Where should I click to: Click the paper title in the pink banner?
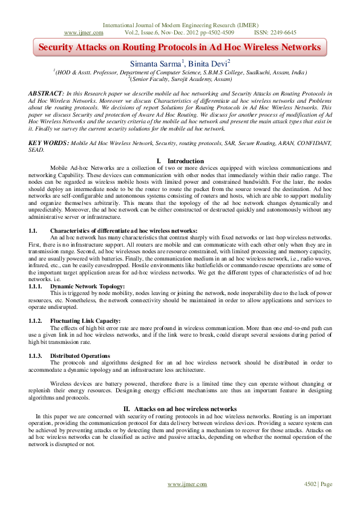180,47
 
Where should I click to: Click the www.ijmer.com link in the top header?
82,32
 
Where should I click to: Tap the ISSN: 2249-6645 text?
275,32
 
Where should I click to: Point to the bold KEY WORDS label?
48,142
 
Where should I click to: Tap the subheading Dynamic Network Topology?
88,285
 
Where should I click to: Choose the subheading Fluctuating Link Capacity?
85,320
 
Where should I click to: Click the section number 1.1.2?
36,320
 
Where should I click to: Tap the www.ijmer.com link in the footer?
184,484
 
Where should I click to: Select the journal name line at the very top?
180,25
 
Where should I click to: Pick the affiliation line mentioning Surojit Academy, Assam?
180,79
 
